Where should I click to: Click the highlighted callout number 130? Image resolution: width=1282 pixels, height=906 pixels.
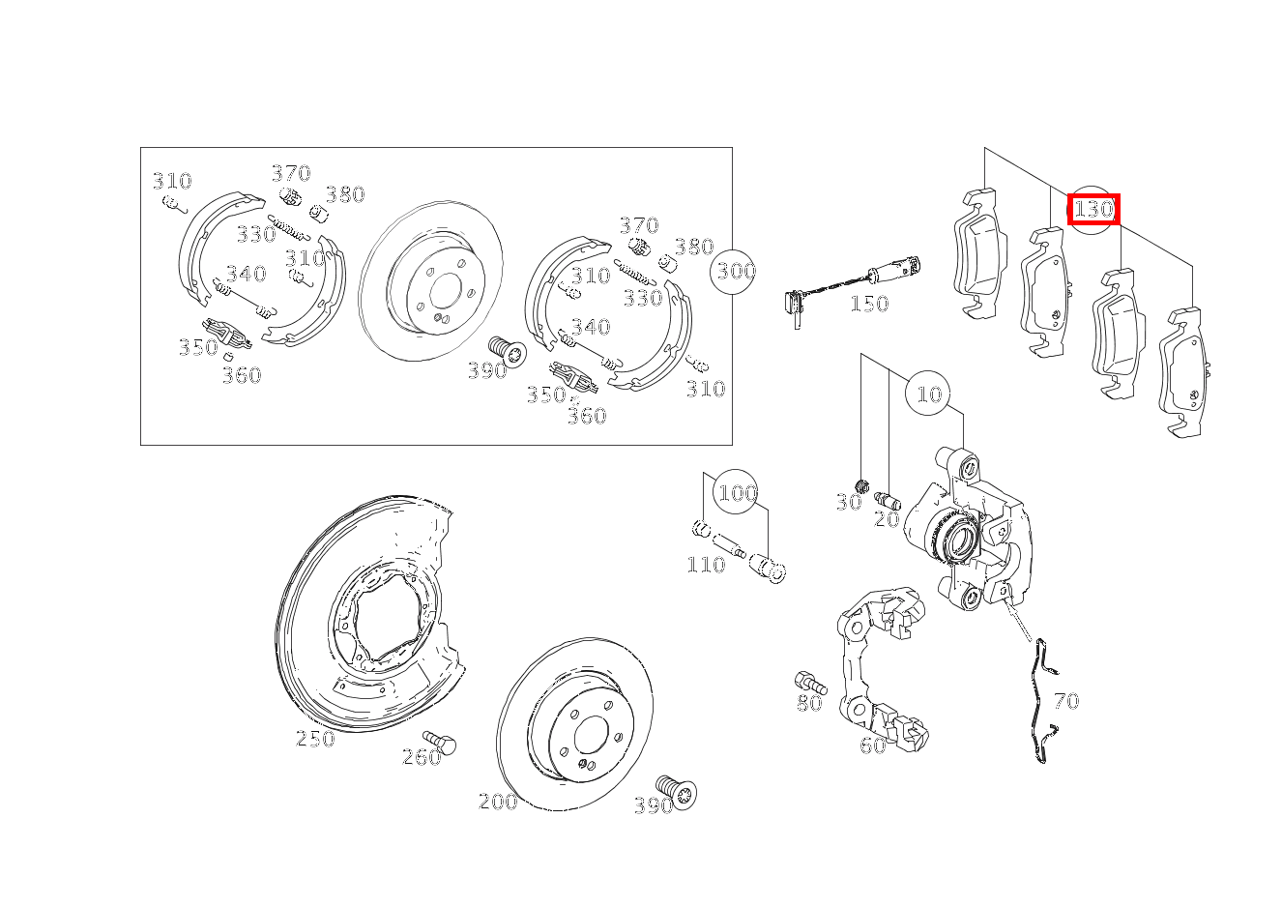[x=1093, y=210]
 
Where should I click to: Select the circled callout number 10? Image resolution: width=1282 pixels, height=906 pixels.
[x=929, y=394]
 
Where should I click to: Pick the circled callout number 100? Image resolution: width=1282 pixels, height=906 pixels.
[x=738, y=493]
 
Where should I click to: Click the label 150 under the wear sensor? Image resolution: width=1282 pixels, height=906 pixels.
[x=869, y=304]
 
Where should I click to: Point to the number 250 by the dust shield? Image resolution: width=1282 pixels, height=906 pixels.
[x=315, y=739]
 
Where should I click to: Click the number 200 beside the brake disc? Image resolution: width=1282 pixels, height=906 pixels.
[x=498, y=802]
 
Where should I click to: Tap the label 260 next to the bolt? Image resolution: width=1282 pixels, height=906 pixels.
[x=422, y=757]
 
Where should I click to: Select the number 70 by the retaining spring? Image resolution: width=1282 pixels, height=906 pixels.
[x=1066, y=701]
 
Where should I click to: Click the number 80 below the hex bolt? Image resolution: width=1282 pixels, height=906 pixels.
[x=809, y=703]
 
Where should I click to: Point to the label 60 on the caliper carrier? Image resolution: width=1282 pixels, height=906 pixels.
[x=873, y=745]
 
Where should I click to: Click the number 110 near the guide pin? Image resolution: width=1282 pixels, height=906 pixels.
[x=706, y=565]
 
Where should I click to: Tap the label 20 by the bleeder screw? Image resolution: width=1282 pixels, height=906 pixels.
[x=887, y=519]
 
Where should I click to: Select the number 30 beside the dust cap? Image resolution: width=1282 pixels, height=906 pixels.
[x=849, y=503]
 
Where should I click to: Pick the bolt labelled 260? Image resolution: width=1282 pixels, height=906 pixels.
[x=440, y=743]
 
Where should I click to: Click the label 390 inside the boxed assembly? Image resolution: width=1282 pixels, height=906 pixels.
[x=487, y=370]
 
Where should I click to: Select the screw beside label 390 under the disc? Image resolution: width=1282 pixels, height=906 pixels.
[x=677, y=792]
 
